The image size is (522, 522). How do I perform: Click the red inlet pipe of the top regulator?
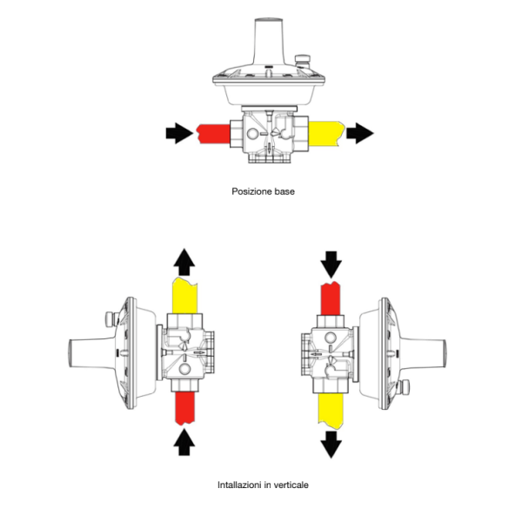213,134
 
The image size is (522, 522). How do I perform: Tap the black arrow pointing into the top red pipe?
179,133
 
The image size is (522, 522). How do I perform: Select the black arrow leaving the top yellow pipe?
360,133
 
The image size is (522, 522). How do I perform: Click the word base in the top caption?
284,191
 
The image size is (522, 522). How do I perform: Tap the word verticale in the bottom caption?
291,485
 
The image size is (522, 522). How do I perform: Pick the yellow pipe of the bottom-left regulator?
184,296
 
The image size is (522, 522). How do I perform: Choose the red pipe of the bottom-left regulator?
184,409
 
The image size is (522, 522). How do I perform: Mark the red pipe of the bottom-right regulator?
331,298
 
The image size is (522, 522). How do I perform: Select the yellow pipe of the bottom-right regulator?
331,411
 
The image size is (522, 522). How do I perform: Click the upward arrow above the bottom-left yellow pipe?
184,262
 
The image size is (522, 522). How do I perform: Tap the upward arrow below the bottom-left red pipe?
184,442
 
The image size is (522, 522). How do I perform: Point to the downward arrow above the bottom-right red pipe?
331,264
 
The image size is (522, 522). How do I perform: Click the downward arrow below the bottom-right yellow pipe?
331,445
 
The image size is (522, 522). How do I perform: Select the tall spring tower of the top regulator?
268,42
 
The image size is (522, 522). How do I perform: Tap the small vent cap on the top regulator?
302,61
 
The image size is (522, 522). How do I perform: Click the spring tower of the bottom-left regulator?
91,353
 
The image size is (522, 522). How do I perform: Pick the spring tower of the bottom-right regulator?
423,353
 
